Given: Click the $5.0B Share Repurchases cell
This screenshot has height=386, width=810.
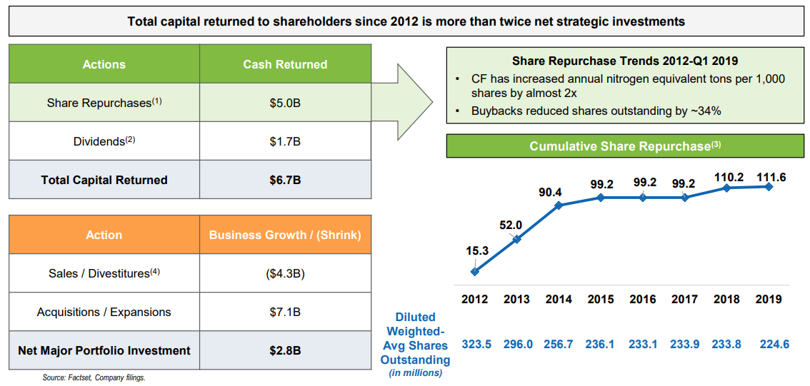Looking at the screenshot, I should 285,103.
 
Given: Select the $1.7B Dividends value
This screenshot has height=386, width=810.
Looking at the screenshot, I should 285,141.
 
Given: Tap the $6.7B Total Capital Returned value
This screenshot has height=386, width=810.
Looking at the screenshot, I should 285,180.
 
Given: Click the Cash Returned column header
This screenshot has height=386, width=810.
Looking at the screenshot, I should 285,64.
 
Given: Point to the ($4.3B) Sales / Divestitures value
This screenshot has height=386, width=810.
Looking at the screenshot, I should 285,273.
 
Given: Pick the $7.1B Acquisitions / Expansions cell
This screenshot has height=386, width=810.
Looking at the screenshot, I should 285,312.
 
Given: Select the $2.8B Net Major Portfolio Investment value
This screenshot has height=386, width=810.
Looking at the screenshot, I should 285,350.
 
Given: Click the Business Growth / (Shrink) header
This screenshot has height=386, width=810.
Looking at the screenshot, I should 285,235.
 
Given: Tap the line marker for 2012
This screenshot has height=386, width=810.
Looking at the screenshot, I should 475,271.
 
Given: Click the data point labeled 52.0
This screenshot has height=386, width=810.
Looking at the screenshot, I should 517,239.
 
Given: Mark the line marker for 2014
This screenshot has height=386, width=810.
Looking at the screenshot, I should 559,205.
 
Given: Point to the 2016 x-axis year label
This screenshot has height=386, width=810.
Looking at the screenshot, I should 643,300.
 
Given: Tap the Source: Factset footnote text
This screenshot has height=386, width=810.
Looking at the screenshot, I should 94,377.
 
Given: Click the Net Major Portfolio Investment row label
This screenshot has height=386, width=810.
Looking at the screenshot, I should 104,350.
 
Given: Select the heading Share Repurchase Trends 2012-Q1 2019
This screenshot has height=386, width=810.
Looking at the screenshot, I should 625,61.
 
